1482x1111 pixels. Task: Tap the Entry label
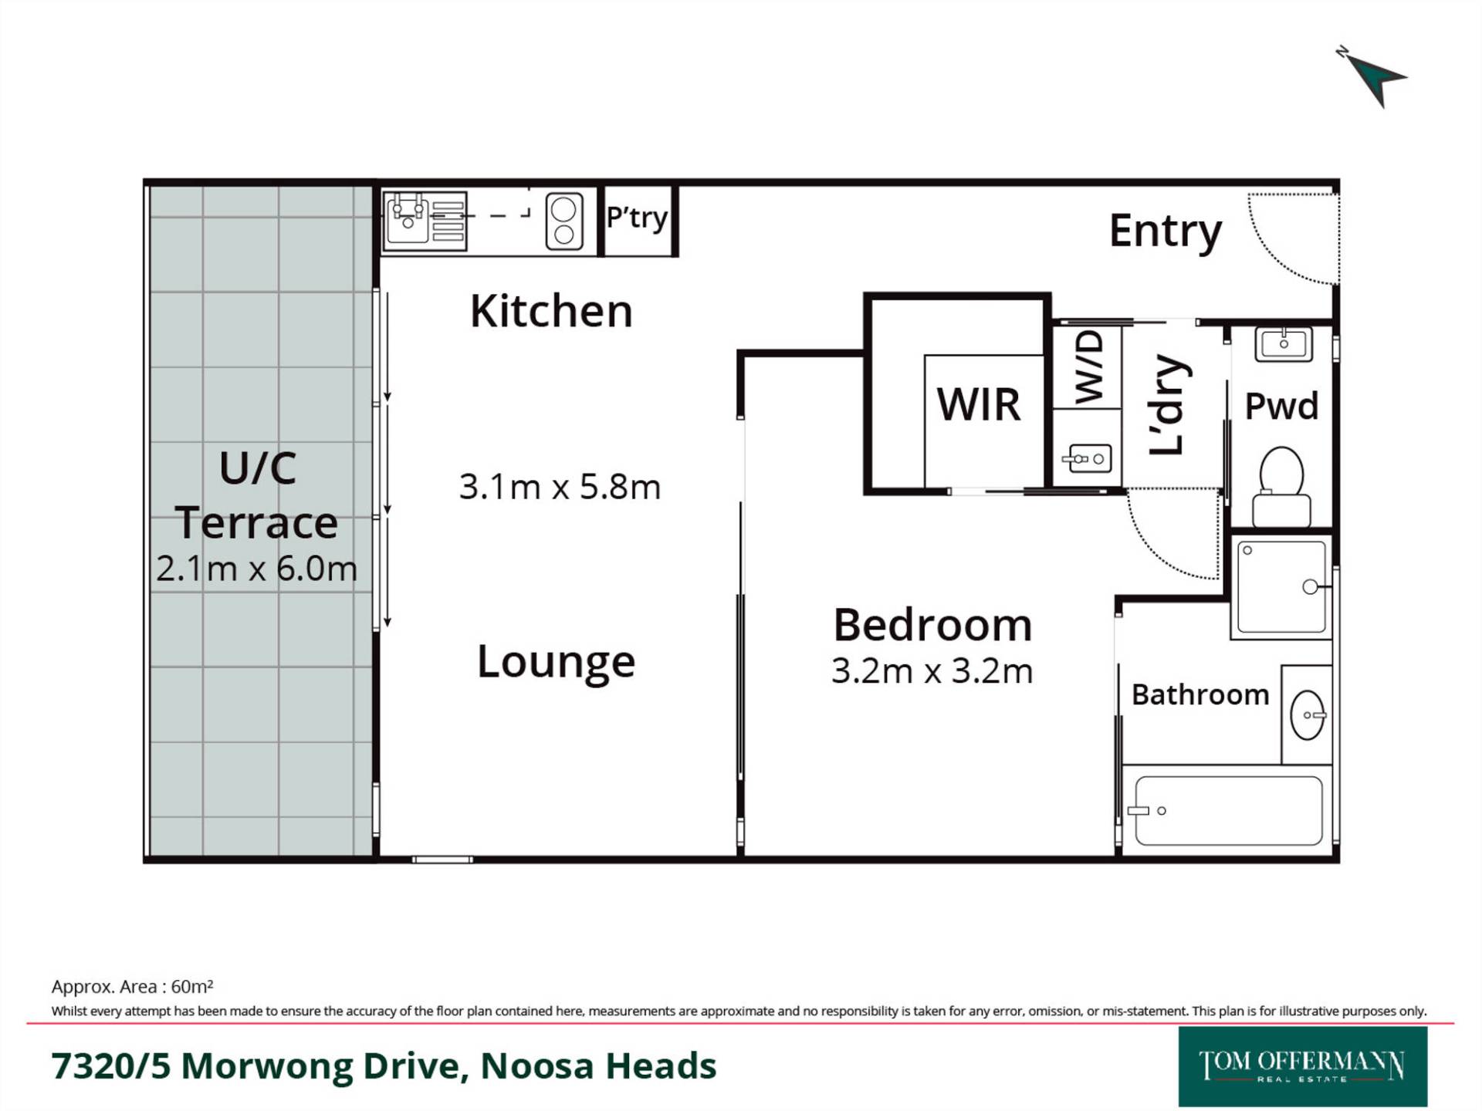click(x=1166, y=231)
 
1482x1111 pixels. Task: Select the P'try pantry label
click(x=637, y=218)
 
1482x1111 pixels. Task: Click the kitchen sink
click(x=407, y=218)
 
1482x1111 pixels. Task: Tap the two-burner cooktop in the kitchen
click(x=563, y=221)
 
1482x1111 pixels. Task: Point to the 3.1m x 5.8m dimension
click(x=560, y=487)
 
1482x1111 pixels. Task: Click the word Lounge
click(x=556, y=662)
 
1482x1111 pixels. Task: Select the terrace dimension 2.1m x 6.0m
click(x=257, y=569)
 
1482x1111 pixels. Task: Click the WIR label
click(x=979, y=404)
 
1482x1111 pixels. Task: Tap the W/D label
click(x=1088, y=367)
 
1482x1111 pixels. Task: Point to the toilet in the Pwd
click(x=1281, y=487)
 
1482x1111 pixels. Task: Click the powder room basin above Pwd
click(x=1284, y=344)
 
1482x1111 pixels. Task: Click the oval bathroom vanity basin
click(x=1308, y=715)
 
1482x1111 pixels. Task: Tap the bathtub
click(x=1228, y=810)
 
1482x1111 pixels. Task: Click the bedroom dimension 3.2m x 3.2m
click(x=932, y=671)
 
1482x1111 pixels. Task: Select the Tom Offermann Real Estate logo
click(x=1303, y=1067)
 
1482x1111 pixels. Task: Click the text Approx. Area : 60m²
click(x=132, y=987)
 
